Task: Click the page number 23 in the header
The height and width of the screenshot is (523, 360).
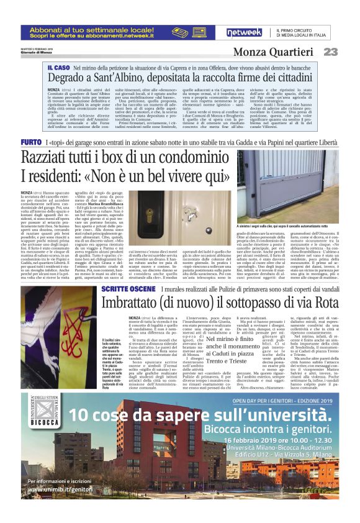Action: [x=330, y=52]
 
